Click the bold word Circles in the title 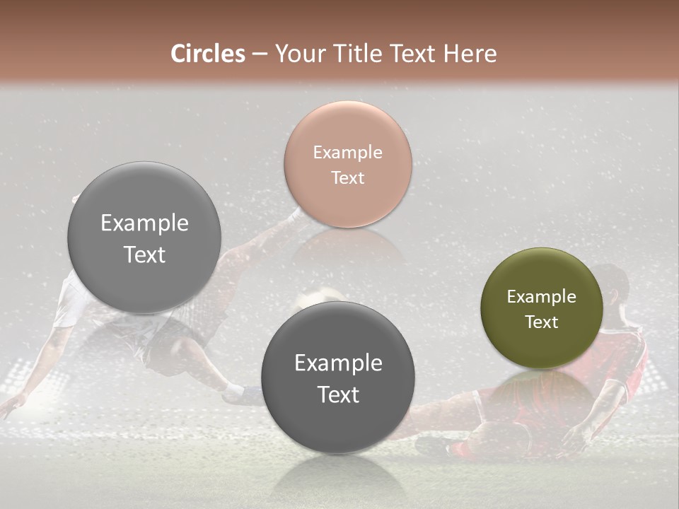(207, 54)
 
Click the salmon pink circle (347, 164)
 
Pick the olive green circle (541, 308)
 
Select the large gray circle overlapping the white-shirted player (144, 238)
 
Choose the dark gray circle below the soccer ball (337, 378)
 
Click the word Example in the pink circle (347, 152)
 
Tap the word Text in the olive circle (541, 322)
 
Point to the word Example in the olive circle (541, 297)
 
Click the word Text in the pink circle (347, 177)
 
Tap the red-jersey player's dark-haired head (611, 281)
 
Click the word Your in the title (298, 54)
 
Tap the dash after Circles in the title (259, 54)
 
